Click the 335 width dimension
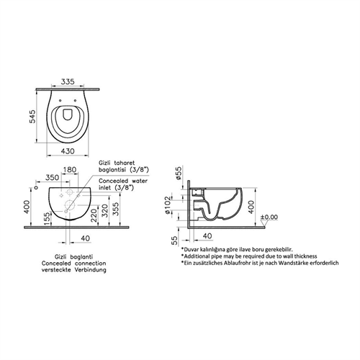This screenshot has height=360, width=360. [x=68, y=81]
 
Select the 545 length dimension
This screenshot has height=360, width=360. [x=32, y=117]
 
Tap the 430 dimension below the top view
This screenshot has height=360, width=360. [x=68, y=151]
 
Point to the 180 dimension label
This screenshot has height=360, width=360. [x=70, y=170]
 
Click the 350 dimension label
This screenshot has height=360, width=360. [x=52, y=178]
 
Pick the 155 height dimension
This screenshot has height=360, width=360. [x=48, y=219]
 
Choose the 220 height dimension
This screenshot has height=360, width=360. [x=94, y=215]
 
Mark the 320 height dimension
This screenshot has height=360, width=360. [x=105, y=210]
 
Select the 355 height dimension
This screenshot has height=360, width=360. [x=116, y=209]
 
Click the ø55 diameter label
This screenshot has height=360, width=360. [x=179, y=173]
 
